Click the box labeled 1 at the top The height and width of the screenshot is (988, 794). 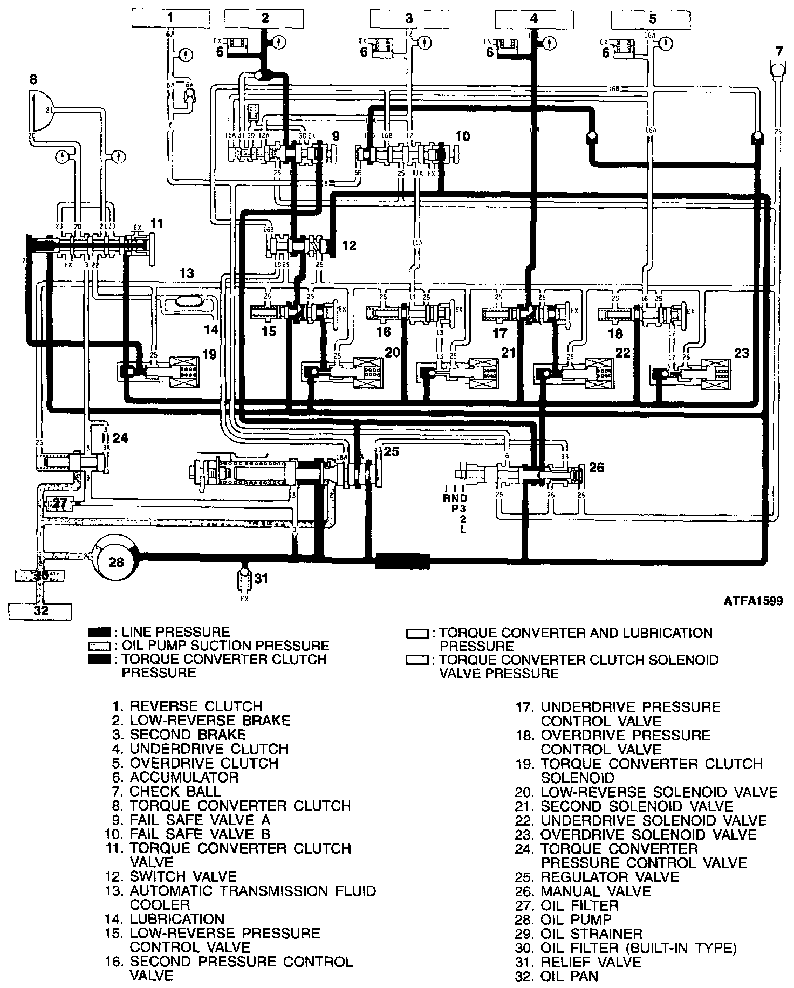pos(170,18)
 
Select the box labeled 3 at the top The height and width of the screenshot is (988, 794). pos(409,18)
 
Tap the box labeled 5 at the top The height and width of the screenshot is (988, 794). pos(653,19)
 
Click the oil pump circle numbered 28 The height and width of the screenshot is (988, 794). pos(117,562)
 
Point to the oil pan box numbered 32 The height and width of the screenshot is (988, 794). pos(41,610)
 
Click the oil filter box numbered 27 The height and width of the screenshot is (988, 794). pos(60,504)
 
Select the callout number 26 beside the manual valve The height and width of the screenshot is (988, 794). pos(597,467)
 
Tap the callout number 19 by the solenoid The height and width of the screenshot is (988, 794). pos(209,354)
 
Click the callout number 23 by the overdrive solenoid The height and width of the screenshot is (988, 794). pos(742,353)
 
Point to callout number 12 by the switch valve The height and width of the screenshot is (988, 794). pos(350,246)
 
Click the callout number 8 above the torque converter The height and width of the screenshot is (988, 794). pos(33,80)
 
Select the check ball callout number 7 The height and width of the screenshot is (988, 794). pos(779,52)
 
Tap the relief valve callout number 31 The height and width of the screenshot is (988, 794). pos(261,579)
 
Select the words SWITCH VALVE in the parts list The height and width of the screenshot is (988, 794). pos(183,876)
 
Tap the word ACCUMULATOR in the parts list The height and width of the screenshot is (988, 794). pos(184,777)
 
